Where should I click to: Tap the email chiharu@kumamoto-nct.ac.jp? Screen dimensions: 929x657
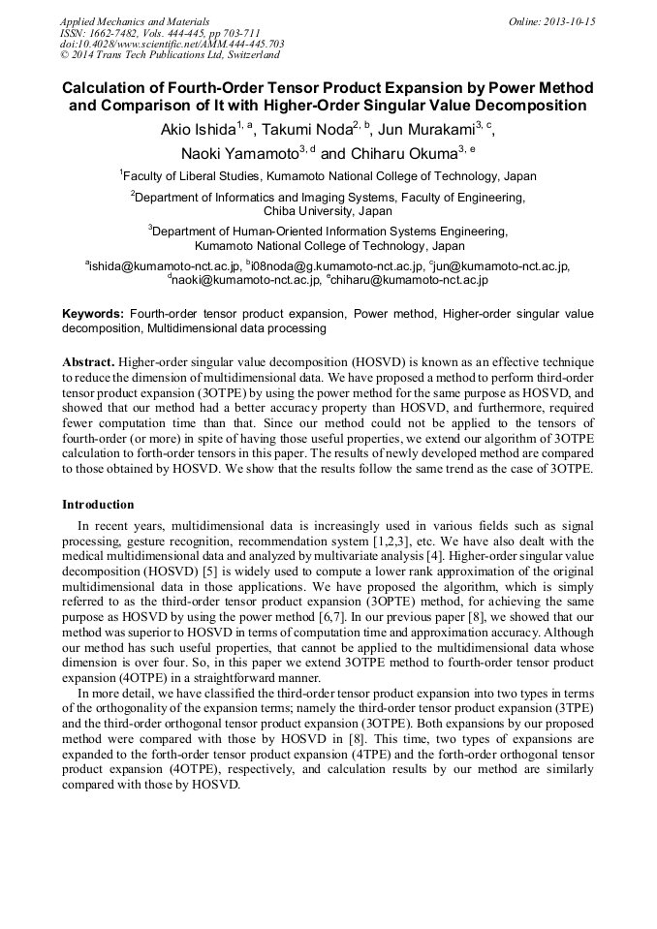point(411,279)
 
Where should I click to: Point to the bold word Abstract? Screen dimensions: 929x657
point(88,359)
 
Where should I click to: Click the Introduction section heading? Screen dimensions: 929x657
point(98,505)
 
